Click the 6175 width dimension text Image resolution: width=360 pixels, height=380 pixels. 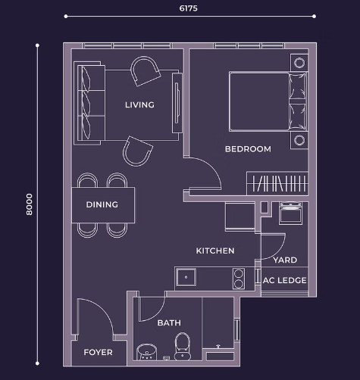[x=188, y=8]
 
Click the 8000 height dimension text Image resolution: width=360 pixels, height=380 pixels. [x=30, y=204]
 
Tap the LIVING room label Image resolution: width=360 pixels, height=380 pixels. [x=139, y=104]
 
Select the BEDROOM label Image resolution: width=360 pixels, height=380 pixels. [x=248, y=149]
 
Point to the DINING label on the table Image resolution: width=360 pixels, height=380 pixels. [x=102, y=204]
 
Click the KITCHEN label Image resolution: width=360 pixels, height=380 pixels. [x=215, y=251]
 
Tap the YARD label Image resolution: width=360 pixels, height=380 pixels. [x=285, y=260]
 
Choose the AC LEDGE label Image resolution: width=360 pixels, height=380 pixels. [x=284, y=280]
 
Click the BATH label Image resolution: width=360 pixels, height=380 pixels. [x=169, y=322]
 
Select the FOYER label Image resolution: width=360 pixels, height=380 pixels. [x=98, y=352]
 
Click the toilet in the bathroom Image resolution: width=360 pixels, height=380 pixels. [x=183, y=347]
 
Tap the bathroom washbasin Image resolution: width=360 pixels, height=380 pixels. [x=147, y=352]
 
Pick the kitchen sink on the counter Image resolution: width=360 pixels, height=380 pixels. [x=186, y=277]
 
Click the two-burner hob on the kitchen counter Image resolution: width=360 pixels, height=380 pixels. [x=239, y=279]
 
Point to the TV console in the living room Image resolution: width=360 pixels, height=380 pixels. [x=177, y=103]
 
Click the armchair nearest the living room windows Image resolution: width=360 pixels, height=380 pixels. [x=145, y=70]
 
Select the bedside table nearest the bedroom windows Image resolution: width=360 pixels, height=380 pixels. [x=299, y=63]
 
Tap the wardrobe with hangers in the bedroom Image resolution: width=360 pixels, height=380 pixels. [x=277, y=183]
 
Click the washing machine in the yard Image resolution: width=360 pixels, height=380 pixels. [x=290, y=213]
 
